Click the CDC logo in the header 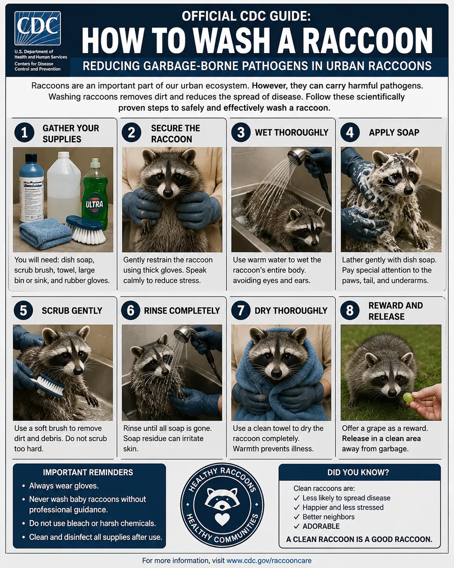pyautogui.click(x=38, y=28)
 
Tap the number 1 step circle pyautogui.click(x=24, y=132)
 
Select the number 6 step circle pyautogui.click(x=131, y=310)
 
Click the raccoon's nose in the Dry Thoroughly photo pyautogui.click(x=276, y=373)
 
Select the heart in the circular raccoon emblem pyautogui.click(x=222, y=519)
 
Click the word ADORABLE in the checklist pyautogui.click(x=321, y=526)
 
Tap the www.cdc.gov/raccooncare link pyautogui.click(x=269, y=560)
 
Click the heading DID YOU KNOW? pyautogui.click(x=358, y=472)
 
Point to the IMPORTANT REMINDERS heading pyautogui.click(x=88, y=472)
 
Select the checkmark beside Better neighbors pyautogui.click(x=297, y=517)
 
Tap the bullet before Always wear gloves pyautogui.click(x=24, y=486)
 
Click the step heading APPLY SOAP pyautogui.click(x=394, y=132)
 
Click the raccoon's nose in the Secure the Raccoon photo pyautogui.click(x=168, y=192)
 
